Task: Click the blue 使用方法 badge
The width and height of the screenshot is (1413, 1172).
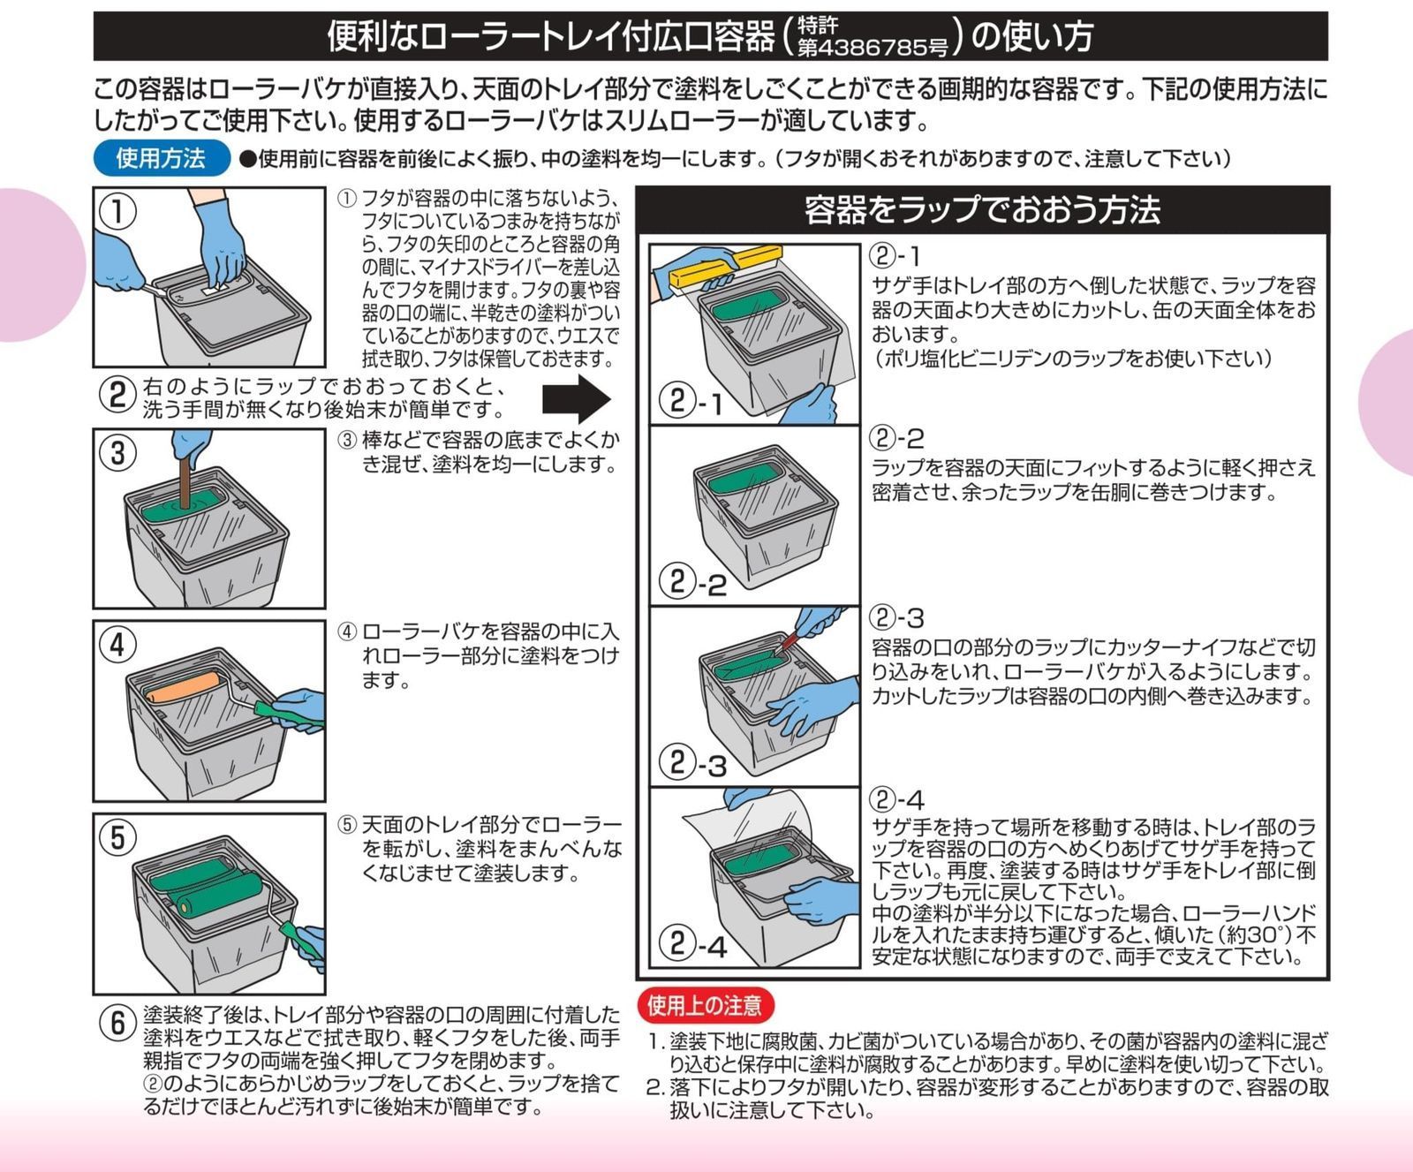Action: tap(160, 158)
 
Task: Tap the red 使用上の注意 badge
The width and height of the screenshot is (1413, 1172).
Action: tap(704, 1005)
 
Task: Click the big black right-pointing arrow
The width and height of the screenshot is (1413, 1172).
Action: tap(576, 398)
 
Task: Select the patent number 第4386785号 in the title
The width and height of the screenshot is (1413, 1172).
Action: tap(872, 47)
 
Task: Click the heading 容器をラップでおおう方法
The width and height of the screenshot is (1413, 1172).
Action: tap(981, 210)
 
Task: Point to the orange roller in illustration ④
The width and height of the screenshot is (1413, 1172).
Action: tap(185, 687)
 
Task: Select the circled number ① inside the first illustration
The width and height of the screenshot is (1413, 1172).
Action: tap(117, 211)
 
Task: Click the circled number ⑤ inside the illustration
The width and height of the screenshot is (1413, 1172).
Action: tap(118, 836)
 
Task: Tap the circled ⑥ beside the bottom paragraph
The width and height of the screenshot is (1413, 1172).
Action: tap(117, 1023)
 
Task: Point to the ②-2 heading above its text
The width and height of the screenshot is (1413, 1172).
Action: tap(896, 437)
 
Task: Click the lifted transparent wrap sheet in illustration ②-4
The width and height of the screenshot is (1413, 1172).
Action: tap(751, 821)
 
